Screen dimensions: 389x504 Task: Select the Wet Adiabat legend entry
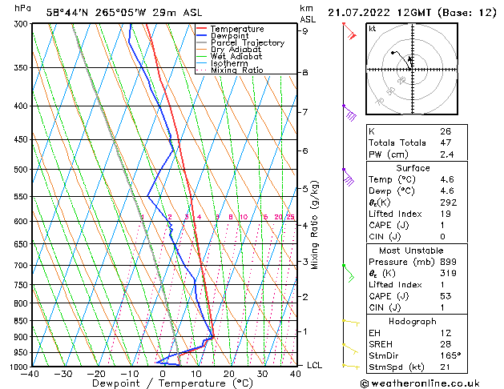coord(236,57)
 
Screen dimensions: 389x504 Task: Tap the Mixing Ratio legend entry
coord(236,70)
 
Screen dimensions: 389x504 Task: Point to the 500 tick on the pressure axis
coord(20,170)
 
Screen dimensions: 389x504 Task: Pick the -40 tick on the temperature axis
coord(31,374)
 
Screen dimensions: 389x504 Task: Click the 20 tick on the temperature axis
coord(229,374)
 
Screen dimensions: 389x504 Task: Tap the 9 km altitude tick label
coord(305,31)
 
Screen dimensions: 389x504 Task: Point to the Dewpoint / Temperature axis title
coord(163,383)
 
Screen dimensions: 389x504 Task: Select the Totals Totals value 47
coord(446,142)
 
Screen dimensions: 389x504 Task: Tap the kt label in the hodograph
coord(373,29)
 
